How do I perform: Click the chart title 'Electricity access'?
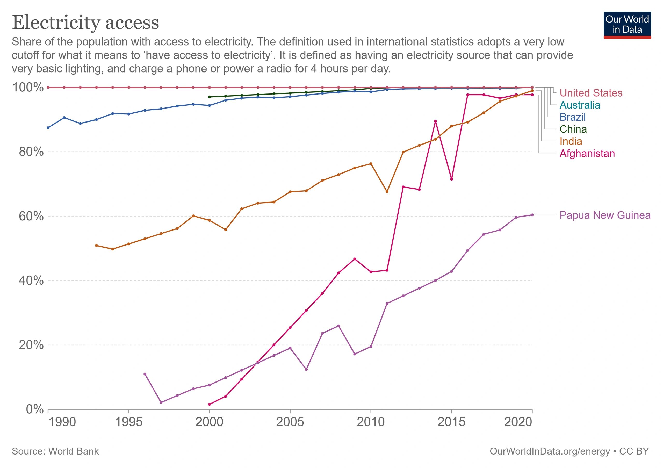click(85, 23)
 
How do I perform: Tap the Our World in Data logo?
click(627, 25)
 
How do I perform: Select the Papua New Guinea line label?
click(605, 215)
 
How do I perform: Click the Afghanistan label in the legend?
click(587, 154)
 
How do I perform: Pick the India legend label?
click(571, 141)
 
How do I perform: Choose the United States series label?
click(591, 93)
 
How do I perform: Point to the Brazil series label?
click(572, 117)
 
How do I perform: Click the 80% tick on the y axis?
click(31, 152)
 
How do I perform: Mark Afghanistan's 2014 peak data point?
click(435, 121)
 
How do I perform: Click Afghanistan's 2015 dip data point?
click(452, 179)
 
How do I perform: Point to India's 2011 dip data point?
click(387, 192)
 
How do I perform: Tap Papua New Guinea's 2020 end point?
click(532, 215)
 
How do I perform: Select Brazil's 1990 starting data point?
click(48, 128)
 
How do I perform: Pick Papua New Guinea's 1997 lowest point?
click(161, 402)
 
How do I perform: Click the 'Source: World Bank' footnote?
click(55, 451)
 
